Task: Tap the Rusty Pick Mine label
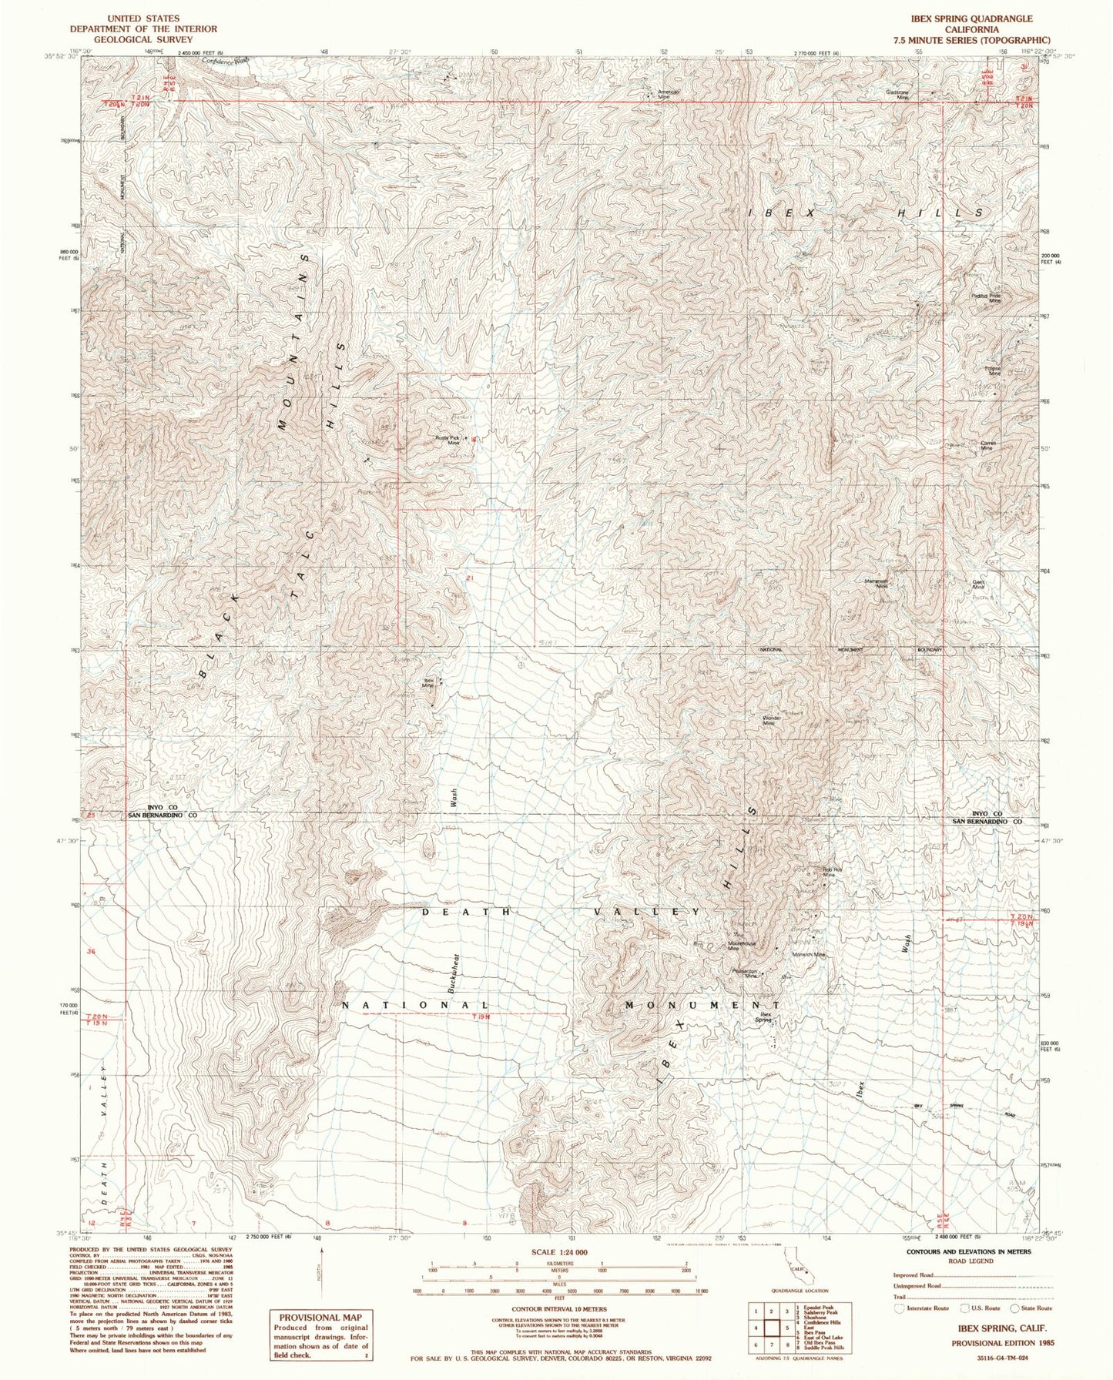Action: [x=448, y=440]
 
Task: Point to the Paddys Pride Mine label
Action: [x=985, y=298]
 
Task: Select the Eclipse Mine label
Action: [x=992, y=370]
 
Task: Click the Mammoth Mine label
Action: [x=877, y=584]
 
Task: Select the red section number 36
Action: [x=91, y=952]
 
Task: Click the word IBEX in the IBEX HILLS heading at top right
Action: [x=770, y=212]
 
